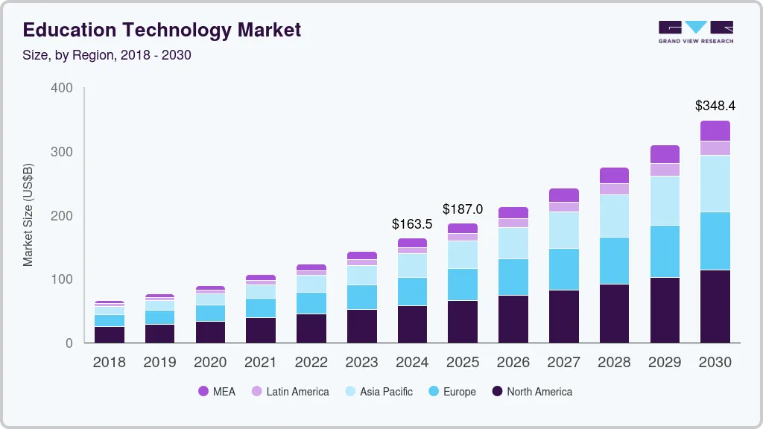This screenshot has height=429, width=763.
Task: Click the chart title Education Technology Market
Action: pos(162,30)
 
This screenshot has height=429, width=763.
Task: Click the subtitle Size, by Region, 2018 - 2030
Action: pos(107,55)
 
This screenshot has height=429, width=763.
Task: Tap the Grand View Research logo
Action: pos(695,31)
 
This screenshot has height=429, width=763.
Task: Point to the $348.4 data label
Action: pos(715,105)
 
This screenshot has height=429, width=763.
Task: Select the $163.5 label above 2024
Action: pos(412,223)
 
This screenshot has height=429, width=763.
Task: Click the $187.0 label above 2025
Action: pos(463,209)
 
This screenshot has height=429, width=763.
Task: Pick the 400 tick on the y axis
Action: pos(62,88)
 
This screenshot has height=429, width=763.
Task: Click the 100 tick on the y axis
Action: pos(62,279)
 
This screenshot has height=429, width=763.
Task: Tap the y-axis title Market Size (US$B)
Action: pos(28,214)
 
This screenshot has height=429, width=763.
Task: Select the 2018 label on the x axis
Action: pos(109,363)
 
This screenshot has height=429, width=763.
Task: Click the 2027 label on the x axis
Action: pos(564,363)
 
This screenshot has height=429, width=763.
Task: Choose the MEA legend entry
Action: pos(216,391)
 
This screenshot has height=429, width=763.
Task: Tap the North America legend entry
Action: pos(531,391)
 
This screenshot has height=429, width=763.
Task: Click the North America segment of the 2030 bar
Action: pos(715,306)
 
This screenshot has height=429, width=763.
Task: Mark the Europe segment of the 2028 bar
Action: pos(614,261)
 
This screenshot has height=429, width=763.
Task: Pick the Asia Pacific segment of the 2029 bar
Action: pos(665,200)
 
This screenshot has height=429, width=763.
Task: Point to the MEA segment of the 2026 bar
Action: pos(513,212)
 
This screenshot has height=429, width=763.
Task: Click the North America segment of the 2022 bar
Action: pos(311,328)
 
